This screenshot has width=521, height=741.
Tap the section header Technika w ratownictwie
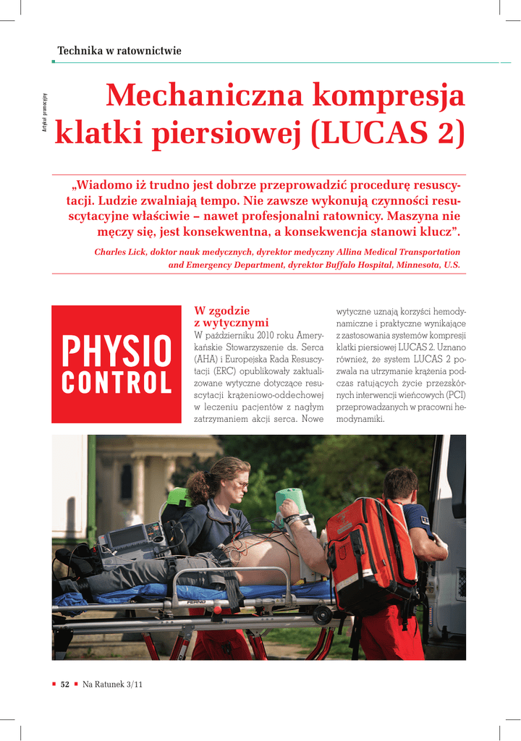(119, 51)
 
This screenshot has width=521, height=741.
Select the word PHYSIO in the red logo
(117, 352)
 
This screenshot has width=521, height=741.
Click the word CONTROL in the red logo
(117, 383)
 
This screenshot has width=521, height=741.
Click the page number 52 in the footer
(64, 685)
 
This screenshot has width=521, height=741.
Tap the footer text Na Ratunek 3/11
(112, 685)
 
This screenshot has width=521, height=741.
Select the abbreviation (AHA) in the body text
(208, 359)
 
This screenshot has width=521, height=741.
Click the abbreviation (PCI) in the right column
(456, 395)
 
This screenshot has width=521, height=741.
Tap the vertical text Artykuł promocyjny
(44, 114)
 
